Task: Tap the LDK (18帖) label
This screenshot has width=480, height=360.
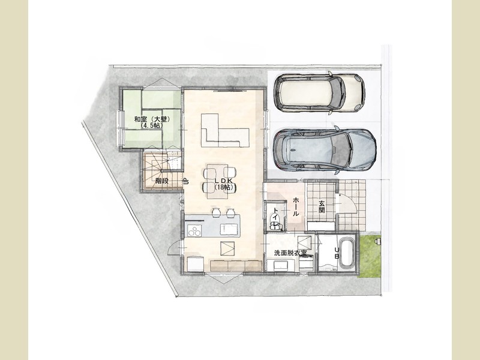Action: point(223,184)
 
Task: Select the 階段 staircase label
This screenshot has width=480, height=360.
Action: point(161,181)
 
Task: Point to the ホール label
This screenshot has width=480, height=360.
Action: point(296,207)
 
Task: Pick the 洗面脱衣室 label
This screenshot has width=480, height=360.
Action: point(290,253)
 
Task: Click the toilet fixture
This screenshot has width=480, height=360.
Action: point(274,220)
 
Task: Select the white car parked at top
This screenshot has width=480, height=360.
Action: point(319,93)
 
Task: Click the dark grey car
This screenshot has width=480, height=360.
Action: point(325,150)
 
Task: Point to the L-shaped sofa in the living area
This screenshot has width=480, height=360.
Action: point(225,130)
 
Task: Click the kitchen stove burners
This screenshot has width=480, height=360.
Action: point(194,230)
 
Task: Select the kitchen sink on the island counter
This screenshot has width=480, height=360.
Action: point(229,229)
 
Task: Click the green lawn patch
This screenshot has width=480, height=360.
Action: point(370,257)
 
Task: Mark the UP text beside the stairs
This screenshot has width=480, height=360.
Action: point(186,181)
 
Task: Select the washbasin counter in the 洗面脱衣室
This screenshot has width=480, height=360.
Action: point(281,265)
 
